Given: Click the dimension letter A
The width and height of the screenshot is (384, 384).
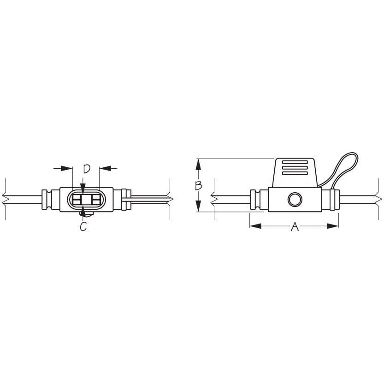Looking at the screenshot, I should [295, 226].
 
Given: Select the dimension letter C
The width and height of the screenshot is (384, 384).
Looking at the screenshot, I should [83, 227].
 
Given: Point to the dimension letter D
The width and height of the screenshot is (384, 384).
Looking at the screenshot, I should [87, 169].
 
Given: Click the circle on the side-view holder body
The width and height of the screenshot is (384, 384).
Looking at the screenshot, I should [294, 200].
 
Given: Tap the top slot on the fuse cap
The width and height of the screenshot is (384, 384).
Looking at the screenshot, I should [295, 162].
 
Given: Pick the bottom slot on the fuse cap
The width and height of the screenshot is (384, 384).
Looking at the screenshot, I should [295, 174].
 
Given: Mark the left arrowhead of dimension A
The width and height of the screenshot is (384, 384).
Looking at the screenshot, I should [254, 226].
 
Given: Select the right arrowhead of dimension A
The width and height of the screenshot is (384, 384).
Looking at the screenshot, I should [334, 226].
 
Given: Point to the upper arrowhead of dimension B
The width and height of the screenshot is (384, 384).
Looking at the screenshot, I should [198, 163].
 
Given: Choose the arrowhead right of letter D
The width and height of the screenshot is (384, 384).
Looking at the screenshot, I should [104, 169].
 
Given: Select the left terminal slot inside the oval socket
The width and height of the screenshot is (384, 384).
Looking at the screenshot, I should [76, 200].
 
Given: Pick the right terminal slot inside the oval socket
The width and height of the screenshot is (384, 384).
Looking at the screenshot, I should [95, 200].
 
